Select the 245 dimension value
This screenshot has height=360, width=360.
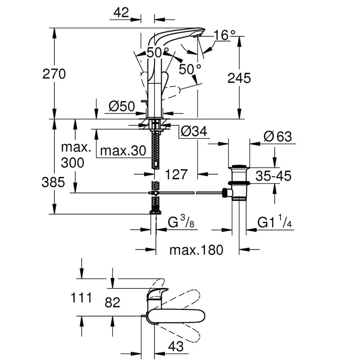pyautogui.click(x=239, y=78)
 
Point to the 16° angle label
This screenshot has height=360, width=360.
pyautogui.click(x=222, y=35)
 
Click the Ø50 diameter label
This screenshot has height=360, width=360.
pyautogui.click(x=122, y=106)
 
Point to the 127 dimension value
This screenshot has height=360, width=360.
pyautogui.click(x=176, y=174)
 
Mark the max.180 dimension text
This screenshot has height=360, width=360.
pyautogui.click(x=196, y=250)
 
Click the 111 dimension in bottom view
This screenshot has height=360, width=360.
pyautogui.click(x=82, y=298)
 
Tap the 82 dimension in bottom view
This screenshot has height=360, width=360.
pyautogui.click(x=113, y=302)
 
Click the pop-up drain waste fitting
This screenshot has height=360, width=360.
pyautogui.click(x=239, y=182)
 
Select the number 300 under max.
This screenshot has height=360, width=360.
pyautogui.click(x=73, y=163)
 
